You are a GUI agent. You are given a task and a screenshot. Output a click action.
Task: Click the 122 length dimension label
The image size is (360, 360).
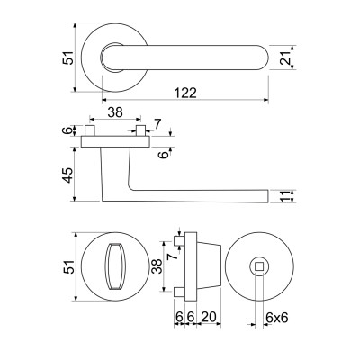pyautogui.click(x=185, y=93)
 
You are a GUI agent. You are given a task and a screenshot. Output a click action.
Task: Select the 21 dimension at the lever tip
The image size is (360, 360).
pyautogui.click(x=285, y=58)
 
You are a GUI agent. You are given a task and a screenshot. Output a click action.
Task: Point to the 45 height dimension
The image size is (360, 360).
pyautogui.click(x=67, y=175)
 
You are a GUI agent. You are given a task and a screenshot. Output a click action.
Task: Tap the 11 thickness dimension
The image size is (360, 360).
pyautogui.click(x=285, y=196)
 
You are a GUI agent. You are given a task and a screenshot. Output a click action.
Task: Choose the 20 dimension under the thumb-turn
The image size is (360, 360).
pyautogui.click(x=209, y=317)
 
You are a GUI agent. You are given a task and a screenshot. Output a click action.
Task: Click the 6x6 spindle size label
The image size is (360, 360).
pyautogui.click(x=277, y=318)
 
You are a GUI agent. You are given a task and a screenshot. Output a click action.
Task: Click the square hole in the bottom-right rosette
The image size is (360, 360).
pyautogui.click(x=259, y=266)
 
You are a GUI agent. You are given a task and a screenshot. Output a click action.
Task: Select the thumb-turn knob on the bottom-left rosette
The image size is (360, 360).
pyautogui.click(x=115, y=266)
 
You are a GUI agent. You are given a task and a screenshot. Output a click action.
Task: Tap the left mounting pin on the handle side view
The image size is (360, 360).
pyautogui.click(x=90, y=131)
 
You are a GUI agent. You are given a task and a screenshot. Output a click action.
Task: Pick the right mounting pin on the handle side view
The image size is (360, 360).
pyautogui.click(x=141, y=131)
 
